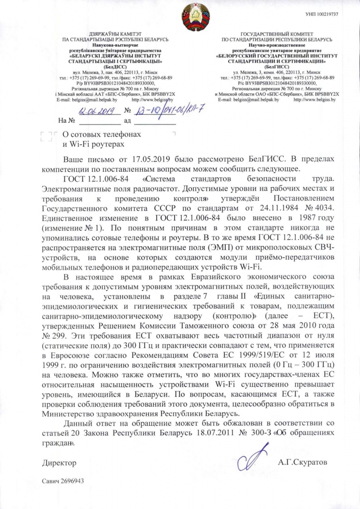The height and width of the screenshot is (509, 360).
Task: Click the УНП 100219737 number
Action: (x=322, y=15)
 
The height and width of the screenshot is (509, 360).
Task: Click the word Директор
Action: (x=59, y=463)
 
